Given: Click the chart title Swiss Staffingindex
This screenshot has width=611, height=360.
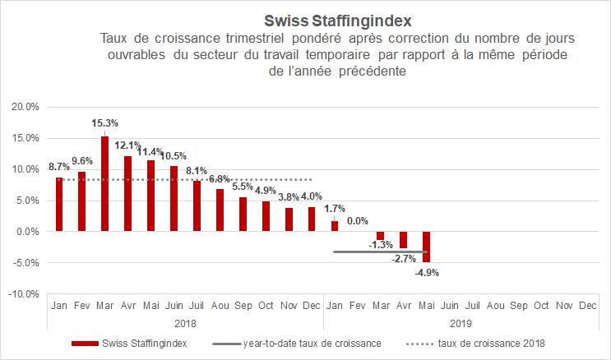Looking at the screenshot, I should click(337, 19).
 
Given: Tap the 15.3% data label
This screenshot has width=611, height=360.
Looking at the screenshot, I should click(104, 123).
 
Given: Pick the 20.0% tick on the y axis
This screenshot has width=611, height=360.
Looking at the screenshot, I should click(25, 107).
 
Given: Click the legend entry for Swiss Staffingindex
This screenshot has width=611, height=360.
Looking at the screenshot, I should click(141, 343).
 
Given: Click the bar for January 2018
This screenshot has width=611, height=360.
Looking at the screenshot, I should click(58, 205).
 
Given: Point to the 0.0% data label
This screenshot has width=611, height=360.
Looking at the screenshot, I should click(357, 221).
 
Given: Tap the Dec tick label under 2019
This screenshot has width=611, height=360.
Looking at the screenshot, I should click(587, 305).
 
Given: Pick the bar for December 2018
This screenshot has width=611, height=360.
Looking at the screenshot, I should click(311, 219).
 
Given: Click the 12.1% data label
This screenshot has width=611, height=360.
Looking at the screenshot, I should click(127, 145).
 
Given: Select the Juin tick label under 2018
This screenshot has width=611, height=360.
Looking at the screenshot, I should click(174, 305).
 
